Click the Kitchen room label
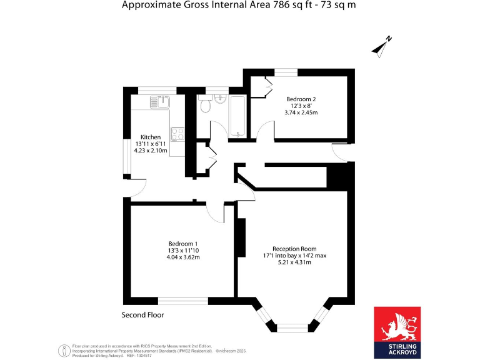[151, 137]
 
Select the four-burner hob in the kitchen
[177, 133]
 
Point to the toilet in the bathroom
[205, 106]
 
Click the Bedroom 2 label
[301, 99]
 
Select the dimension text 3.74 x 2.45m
[301, 113]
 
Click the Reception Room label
[294, 248]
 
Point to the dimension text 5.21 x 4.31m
[294, 262]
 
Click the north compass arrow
[381, 46]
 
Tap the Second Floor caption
[142, 315]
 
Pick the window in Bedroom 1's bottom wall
[182, 301]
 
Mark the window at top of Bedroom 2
[286, 72]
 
